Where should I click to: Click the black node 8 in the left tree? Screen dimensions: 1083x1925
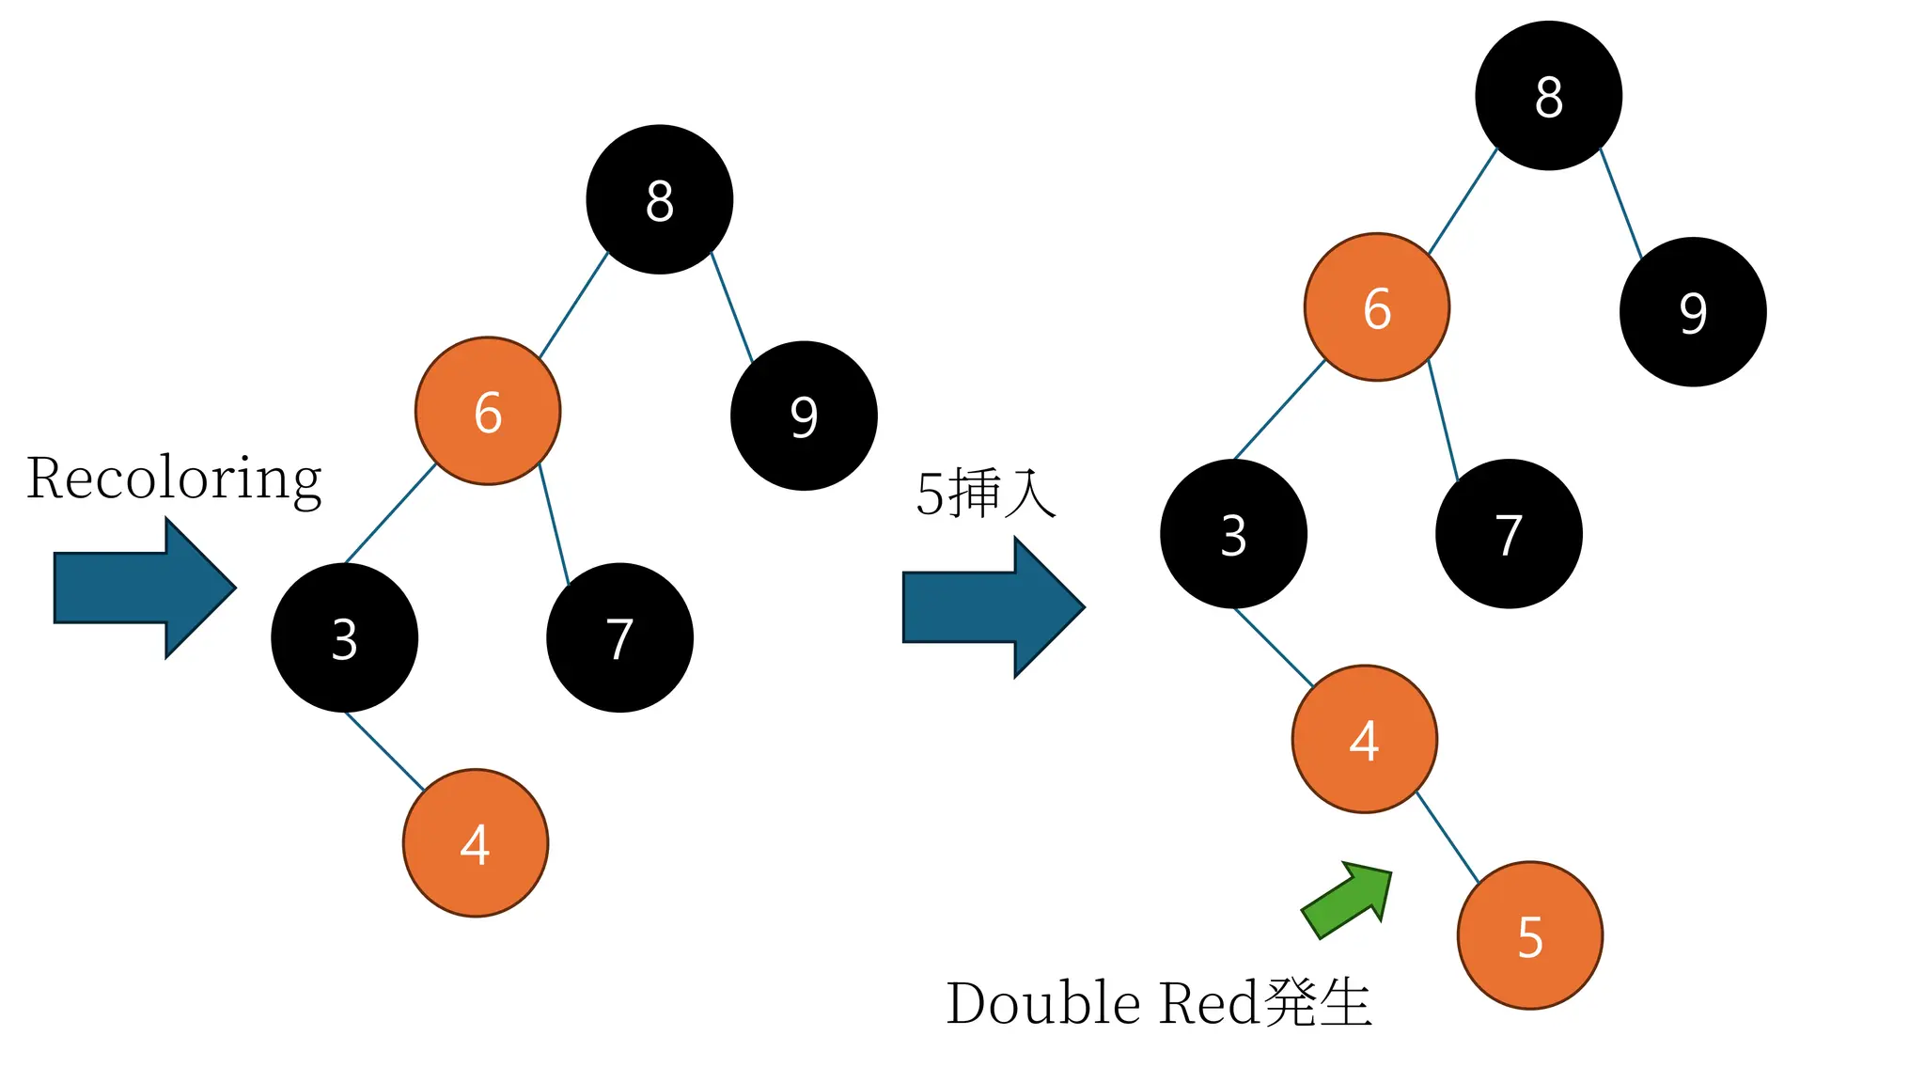(659, 199)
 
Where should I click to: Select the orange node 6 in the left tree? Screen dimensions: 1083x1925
(488, 411)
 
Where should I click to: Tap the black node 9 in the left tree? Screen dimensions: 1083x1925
(804, 416)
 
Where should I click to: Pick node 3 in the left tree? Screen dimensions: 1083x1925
(344, 637)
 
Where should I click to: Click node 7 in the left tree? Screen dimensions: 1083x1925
(619, 637)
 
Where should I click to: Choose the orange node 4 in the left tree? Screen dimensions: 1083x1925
(476, 842)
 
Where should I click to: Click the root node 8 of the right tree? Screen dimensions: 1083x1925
(1548, 96)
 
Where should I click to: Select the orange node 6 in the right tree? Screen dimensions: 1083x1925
(1377, 307)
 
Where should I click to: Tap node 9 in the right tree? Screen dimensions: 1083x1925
(1693, 311)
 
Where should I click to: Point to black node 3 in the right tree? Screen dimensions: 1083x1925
(1233, 534)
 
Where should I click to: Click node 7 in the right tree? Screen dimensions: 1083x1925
(1509, 534)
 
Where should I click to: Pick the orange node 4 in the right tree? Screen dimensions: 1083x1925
(1365, 739)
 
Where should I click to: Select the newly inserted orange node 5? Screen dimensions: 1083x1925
(1530, 935)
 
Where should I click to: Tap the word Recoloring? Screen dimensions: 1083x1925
(174, 479)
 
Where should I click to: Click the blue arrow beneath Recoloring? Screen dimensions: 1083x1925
(141, 589)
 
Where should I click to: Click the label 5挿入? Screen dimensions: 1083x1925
(986, 493)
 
